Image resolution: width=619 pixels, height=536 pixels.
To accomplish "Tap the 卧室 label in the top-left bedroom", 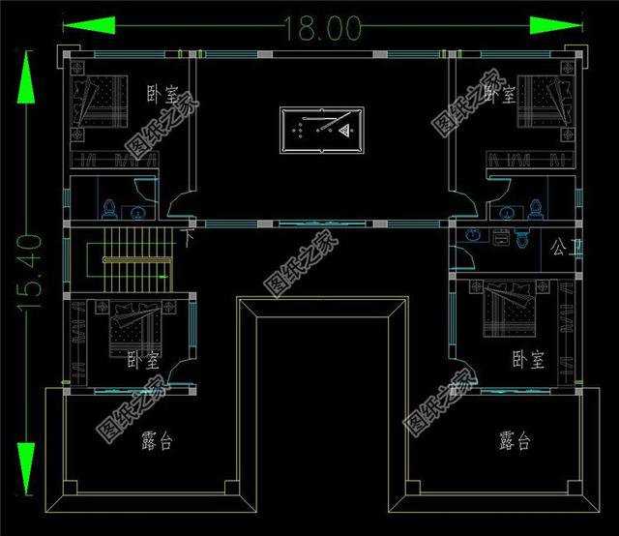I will tap(162, 95).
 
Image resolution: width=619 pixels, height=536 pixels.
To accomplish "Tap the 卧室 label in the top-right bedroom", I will tap(498, 95).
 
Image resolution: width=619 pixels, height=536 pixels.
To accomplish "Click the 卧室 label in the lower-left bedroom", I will tap(143, 360).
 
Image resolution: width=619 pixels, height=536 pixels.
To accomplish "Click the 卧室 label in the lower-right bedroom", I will tap(528, 360).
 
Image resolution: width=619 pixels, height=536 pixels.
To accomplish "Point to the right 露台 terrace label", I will tap(515, 442).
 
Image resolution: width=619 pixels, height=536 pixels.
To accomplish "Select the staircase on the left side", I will tap(132, 259).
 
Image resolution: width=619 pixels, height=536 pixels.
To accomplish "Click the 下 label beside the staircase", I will tap(189, 235).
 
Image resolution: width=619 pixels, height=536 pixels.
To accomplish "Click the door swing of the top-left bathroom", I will tap(179, 204).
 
